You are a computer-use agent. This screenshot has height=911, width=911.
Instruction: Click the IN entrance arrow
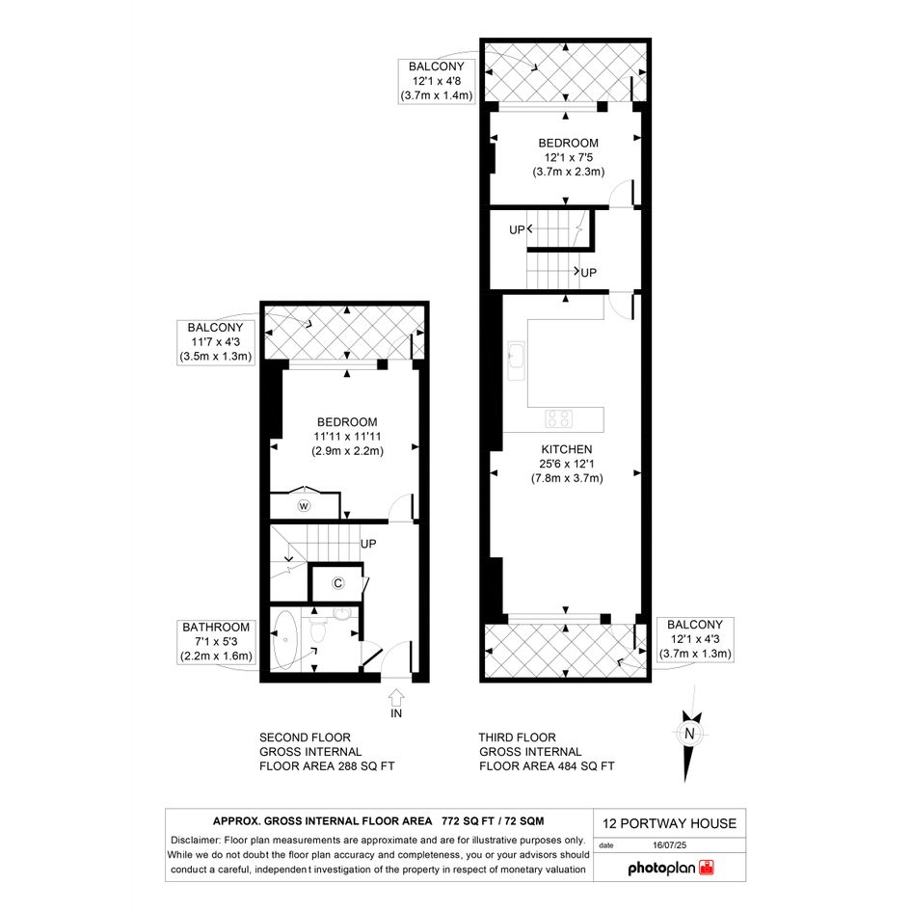(395, 697)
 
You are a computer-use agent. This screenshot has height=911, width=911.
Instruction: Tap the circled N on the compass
(689, 734)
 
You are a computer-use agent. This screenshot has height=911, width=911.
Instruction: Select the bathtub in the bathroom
(284, 640)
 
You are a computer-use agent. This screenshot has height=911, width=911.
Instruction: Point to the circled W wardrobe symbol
(304, 506)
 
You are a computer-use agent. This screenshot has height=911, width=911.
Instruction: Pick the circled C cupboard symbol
(337, 583)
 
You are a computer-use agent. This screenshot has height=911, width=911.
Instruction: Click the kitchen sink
(516, 361)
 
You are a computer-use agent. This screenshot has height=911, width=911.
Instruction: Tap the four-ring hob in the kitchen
(559, 418)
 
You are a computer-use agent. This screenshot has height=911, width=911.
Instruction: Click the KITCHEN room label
(567, 449)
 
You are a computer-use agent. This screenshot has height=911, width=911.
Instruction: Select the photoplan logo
(671, 868)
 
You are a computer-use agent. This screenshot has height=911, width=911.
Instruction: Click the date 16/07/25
(669, 845)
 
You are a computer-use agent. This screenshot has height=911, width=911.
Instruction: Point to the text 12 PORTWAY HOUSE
(669, 823)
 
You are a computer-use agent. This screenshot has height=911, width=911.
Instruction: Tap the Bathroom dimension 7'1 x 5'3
(216, 641)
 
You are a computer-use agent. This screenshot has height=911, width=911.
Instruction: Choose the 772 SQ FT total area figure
(468, 821)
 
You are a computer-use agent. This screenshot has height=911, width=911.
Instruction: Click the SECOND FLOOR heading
(305, 737)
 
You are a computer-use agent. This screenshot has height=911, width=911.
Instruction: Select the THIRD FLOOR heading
(517, 737)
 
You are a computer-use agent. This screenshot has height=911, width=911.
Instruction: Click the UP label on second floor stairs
(368, 544)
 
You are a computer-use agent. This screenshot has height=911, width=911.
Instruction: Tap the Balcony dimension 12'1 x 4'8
(437, 81)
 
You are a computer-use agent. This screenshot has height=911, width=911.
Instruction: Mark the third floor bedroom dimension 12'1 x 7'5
(568, 157)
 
